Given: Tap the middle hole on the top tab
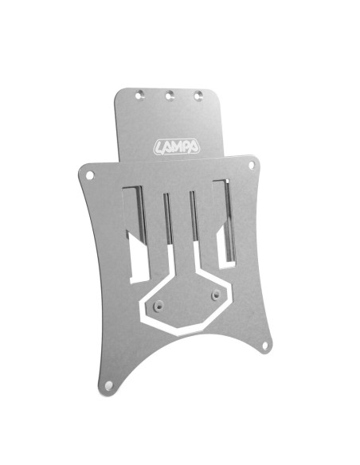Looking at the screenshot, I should click(x=170, y=95).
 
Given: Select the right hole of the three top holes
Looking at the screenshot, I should click(x=199, y=95).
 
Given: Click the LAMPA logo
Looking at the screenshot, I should click(x=177, y=147).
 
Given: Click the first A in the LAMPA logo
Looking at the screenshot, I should click(x=166, y=147).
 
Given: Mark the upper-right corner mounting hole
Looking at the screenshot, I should click(x=253, y=166).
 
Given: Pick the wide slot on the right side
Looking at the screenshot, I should click(x=225, y=223).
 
